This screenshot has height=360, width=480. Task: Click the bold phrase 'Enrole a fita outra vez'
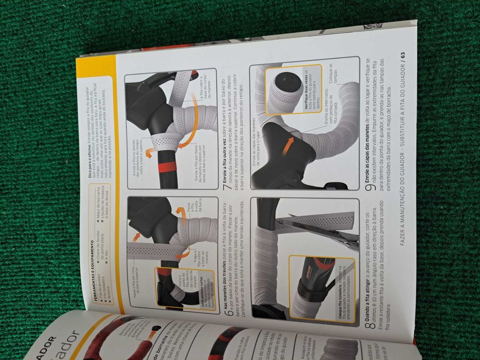(227, 160)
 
